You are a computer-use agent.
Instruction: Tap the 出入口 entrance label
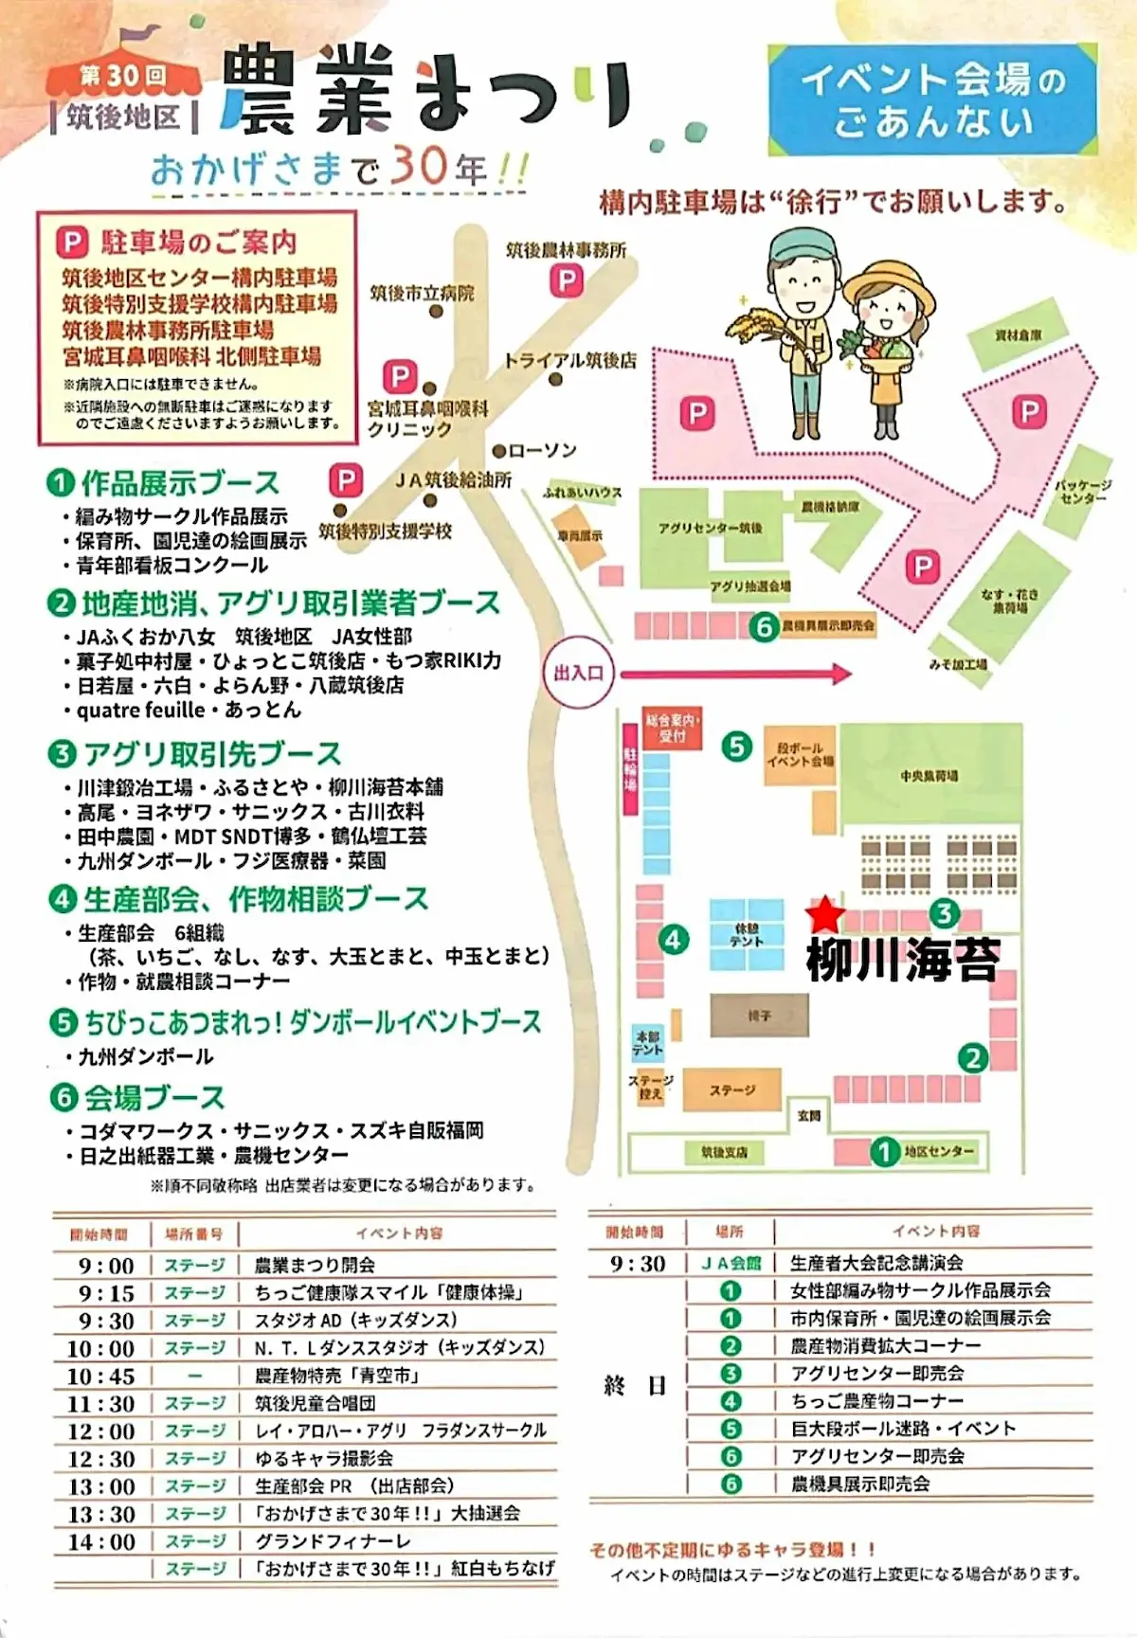click(x=578, y=674)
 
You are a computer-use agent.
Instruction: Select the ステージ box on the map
click(x=732, y=1090)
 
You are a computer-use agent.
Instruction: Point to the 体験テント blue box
click(x=747, y=935)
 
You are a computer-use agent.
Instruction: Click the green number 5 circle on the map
click(x=736, y=747)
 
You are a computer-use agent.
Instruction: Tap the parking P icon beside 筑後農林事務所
click(x=568, y=280)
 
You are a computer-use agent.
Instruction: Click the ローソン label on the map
click(x=541, y=451)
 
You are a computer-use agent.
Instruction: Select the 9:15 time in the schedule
click(x=106, y=1293)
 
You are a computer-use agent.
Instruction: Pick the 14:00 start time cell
click(x=101, y=1541)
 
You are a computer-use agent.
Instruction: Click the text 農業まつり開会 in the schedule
click(x=315, y=1265)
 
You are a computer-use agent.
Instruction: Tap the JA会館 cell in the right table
click(x=731, y=1263)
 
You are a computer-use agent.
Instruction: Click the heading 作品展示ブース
click(x=180, y=483)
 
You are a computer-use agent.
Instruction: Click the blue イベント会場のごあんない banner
click(x=933, y=100)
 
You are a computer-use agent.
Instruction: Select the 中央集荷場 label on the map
click(x=929, y=777)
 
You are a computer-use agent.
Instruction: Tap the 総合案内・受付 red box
click(x=672, y=728)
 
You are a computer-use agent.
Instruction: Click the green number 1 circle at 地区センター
click(x=885, y=1152)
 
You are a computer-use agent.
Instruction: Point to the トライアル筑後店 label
click(x=569, y=360)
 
